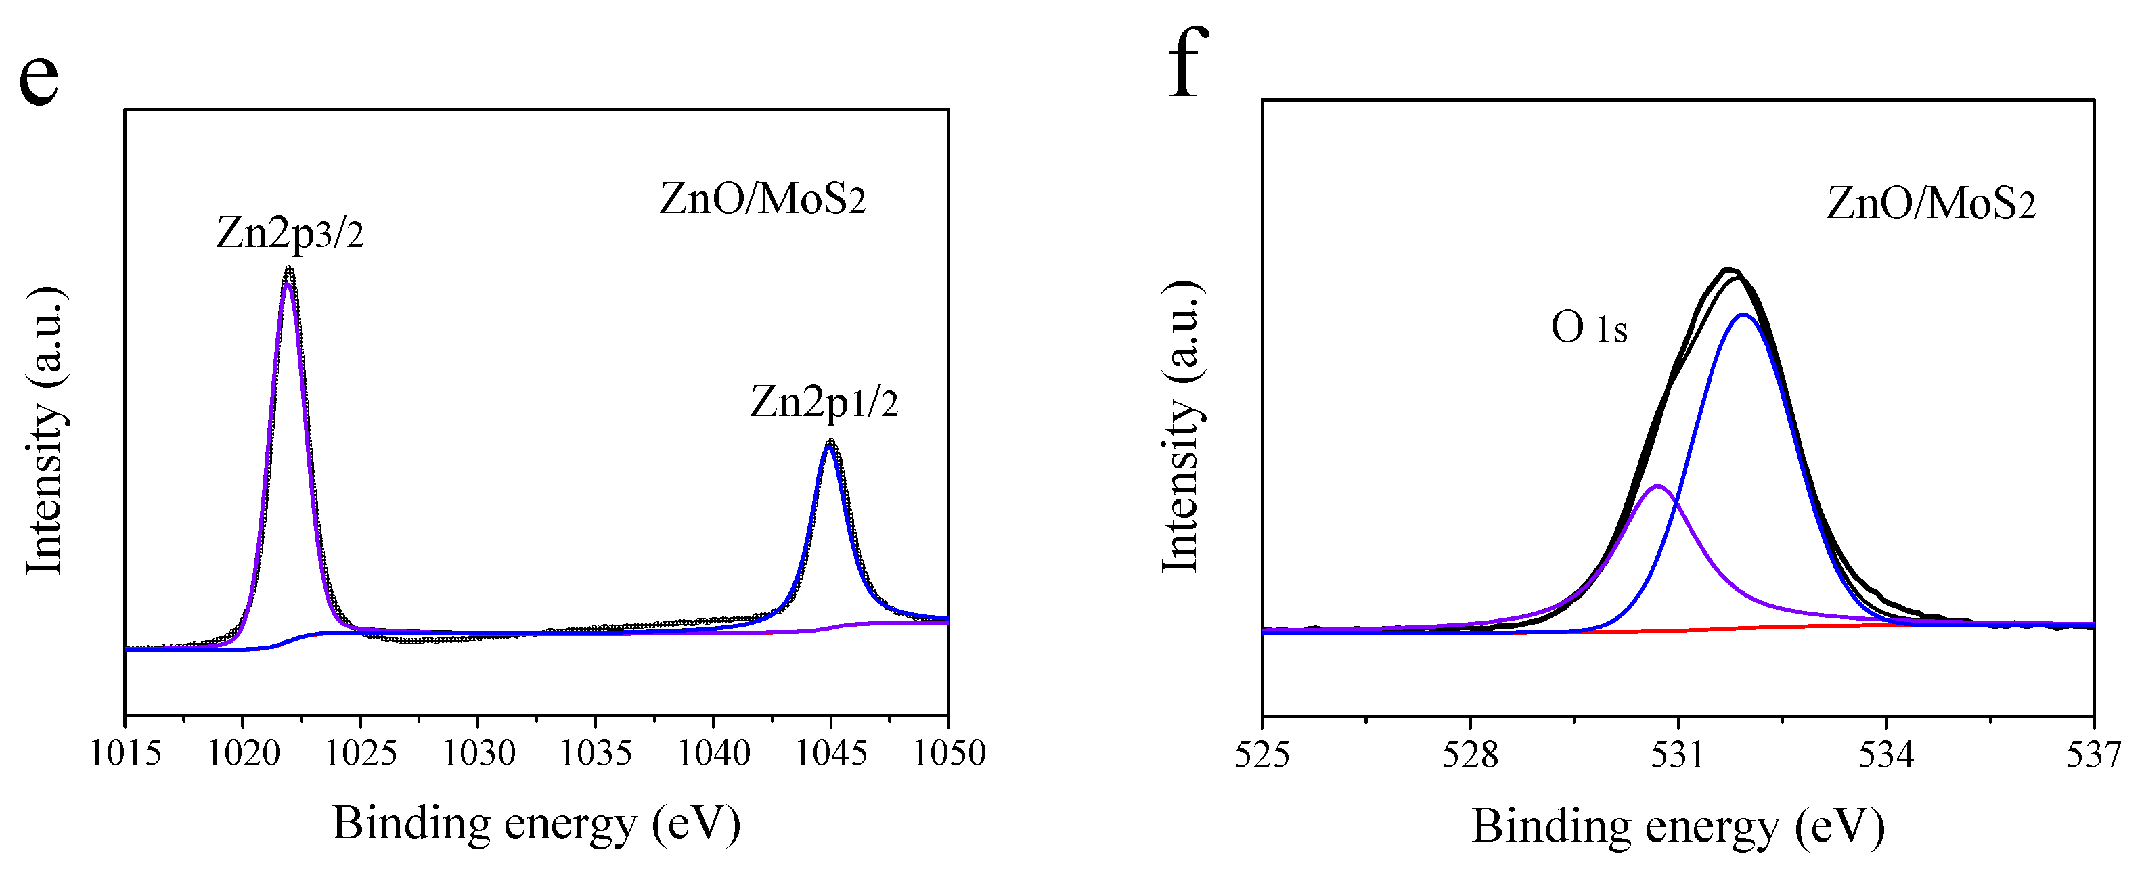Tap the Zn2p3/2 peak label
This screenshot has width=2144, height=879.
[290, 232]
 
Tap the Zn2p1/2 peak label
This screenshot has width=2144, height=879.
[824, 402]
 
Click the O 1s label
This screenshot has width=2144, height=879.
[1588, 328]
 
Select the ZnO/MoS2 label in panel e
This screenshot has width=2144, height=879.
[763, 200]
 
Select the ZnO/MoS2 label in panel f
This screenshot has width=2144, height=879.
[1931, 204]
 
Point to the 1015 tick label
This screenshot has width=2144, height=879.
[125, 752]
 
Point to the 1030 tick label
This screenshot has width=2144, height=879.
[478, 752]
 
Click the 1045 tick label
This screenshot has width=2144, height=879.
[830, 752]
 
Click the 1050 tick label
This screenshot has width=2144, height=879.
[949, 752]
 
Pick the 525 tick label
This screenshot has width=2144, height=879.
[1261, 755]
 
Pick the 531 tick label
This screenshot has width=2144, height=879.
[1678, 755]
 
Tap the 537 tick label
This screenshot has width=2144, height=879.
[2093, 755]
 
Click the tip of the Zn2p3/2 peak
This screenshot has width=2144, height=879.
[289, 268]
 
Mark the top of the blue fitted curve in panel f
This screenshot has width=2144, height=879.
[1743, 315]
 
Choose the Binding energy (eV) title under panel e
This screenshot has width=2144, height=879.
[536, 824]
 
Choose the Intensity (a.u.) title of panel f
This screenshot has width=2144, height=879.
[1181, 427]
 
